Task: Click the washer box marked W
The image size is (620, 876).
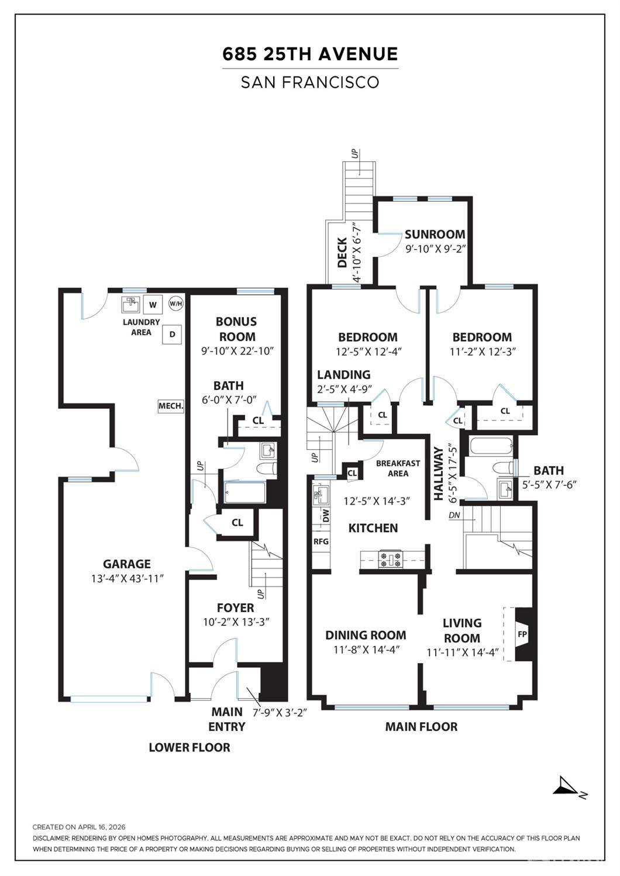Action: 153,304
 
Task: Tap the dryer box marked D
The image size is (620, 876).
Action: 172,334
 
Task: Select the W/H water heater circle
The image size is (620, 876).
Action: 175,304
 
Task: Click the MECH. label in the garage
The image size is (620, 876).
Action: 171,406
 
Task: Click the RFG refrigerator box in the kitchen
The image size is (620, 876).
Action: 321,542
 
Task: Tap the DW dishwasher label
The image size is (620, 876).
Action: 326,515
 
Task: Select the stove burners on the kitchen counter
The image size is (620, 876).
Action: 390,558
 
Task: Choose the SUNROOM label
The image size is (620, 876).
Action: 435,234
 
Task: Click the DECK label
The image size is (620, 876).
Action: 342,253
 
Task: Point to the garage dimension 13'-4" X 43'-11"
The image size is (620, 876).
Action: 127,578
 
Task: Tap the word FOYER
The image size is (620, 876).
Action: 236,608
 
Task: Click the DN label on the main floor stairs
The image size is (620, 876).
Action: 454,515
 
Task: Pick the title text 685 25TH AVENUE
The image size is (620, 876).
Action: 310,54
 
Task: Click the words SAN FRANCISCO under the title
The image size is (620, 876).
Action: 310,82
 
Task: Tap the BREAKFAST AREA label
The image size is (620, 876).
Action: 398,468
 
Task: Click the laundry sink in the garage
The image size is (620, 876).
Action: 130,305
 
